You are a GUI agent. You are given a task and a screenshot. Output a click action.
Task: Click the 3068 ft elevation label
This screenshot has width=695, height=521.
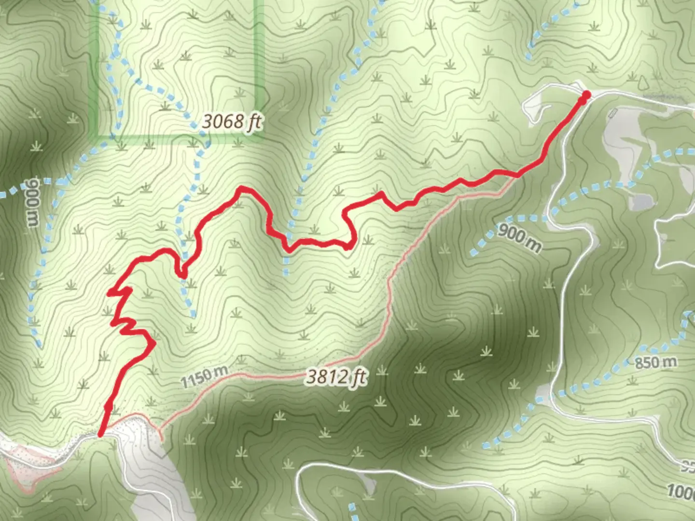click(x=232, y=121)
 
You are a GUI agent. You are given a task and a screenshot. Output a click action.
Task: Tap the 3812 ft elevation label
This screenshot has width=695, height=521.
click(x=336, y=376)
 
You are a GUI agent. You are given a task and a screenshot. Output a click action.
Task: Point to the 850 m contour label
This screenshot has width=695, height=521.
click(x=655, y=362)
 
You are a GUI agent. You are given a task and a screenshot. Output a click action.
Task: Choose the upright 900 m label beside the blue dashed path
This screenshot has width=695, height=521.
click(x=519, y=237)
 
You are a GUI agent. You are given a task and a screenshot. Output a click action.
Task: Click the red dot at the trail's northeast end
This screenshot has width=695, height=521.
click(x=586, y=95)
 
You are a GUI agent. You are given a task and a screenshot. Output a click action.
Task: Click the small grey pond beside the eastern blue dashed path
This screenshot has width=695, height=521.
click(x=639, y=202)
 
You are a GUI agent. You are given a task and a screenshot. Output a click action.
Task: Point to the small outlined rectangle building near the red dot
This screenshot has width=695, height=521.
click(x=613, y=113)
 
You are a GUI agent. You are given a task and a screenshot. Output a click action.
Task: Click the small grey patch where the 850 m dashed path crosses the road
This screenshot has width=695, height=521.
click(x=543, y=393)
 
